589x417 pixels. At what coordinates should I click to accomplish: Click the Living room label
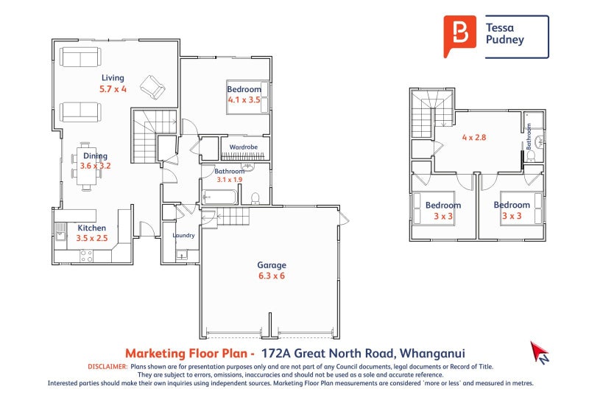pos(113,78)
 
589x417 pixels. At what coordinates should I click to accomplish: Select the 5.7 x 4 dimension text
pos(113,89)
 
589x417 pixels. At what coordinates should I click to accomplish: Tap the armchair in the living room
pos(153,88)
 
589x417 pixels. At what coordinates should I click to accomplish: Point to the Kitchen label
pos(92,228)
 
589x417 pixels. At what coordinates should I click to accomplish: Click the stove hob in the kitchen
pos(86,256)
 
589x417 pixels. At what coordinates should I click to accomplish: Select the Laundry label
pos(183,236)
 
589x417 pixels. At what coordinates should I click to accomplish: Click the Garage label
pos(271,265)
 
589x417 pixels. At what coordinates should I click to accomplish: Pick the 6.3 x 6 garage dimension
pos(271,276)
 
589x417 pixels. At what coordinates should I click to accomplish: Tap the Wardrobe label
pos(243,148)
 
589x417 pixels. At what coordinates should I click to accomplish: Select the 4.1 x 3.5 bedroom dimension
pos(244,99)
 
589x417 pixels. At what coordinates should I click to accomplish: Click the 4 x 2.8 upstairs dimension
pos(474,138)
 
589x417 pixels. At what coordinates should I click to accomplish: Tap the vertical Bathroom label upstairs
pos(529,137)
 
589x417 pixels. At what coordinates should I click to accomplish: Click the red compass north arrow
pos(539,352)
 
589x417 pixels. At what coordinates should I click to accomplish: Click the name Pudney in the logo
pos(505,41)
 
